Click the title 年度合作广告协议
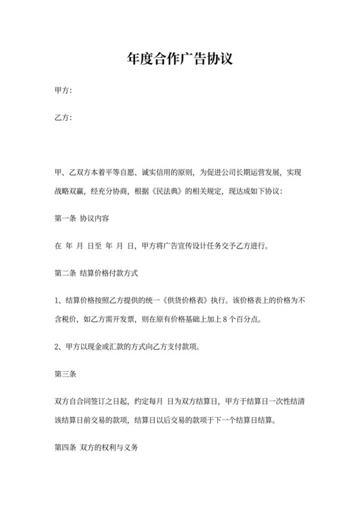179,59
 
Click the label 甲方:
63,92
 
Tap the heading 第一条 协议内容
81,218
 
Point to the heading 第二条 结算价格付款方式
96,272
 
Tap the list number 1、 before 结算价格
59,300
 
